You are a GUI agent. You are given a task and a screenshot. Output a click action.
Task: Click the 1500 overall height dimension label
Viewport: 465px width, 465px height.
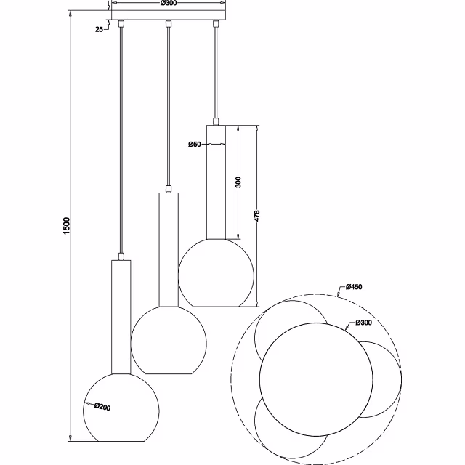coord(67,226)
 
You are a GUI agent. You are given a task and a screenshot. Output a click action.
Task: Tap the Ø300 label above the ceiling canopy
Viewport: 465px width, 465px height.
coord(169,3)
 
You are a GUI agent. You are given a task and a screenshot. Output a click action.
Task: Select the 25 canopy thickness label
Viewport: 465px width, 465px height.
coord(99,29)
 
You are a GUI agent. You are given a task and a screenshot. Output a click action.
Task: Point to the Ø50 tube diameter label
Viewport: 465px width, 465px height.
coord(195,145)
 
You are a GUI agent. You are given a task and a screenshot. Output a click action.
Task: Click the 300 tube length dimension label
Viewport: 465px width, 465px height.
coord(238,182)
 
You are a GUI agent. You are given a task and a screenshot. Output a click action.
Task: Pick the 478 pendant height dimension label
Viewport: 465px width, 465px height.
coord(256,216)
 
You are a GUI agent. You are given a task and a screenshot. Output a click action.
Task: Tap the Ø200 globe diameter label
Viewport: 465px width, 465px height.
coord(102,407)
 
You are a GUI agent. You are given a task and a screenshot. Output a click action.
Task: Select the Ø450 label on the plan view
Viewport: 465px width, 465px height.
coord(354,287)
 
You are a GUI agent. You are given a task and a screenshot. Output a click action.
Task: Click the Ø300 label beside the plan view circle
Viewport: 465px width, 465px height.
coord(363,323)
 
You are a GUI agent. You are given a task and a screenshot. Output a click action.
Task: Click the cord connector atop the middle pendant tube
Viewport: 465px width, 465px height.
coord(169,189)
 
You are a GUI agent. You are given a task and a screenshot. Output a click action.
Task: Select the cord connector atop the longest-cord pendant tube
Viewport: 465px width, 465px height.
coord(121,256)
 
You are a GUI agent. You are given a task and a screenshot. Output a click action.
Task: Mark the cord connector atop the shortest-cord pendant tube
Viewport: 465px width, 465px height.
coord(216,121)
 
